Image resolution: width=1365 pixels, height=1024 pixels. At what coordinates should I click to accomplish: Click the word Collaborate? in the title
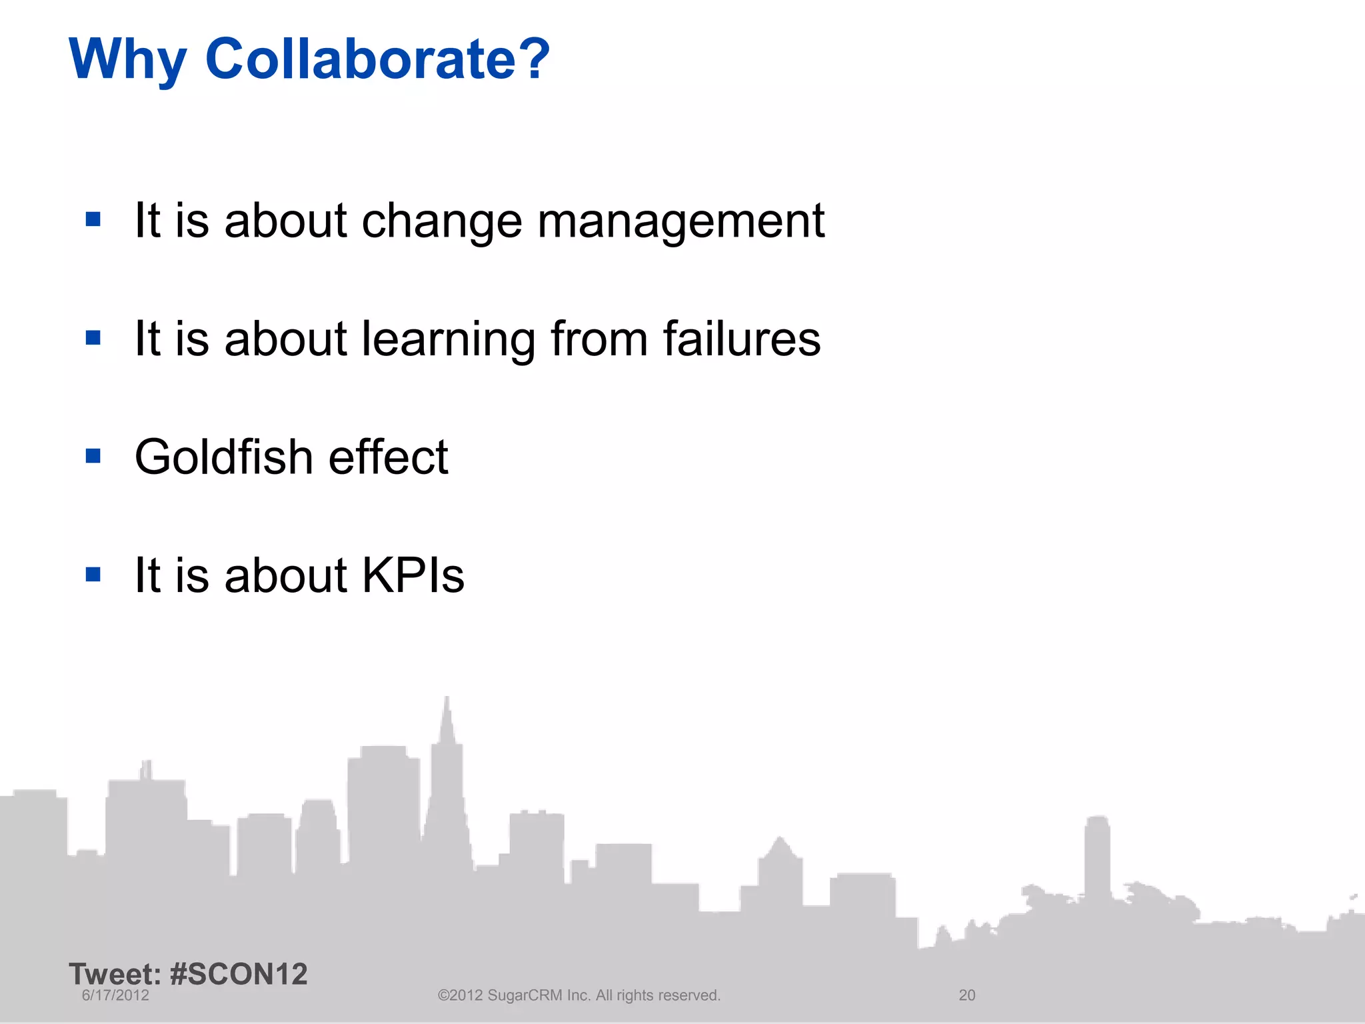tap(377, 59)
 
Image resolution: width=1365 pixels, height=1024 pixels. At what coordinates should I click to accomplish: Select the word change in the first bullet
tap(441, 222)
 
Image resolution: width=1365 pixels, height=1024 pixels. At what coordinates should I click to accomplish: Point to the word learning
tap(448, 340)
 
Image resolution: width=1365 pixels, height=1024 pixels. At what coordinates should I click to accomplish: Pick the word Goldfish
tap(224, 457)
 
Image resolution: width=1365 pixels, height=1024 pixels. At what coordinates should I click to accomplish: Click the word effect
tap(388, 457)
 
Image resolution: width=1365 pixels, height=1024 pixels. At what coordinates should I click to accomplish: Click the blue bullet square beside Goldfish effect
tap(93, 456)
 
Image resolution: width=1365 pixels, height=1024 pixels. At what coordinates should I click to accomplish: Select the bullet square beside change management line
tap(93, 219)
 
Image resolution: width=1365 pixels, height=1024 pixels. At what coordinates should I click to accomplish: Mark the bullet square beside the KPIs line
tap(93, 574)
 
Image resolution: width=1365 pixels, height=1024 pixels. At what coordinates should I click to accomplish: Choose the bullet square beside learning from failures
tap(93, 338)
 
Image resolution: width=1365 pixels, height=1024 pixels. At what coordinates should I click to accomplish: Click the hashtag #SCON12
tap(239, 974)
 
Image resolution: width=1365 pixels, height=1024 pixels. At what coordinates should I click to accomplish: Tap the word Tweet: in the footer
tap(115, 974)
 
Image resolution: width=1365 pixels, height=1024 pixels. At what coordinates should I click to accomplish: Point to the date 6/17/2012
tap(115, 995)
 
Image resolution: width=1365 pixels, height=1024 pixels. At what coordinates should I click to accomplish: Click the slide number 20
tap(966, 995)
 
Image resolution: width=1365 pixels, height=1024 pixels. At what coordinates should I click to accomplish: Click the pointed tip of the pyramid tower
tap(447, 698)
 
